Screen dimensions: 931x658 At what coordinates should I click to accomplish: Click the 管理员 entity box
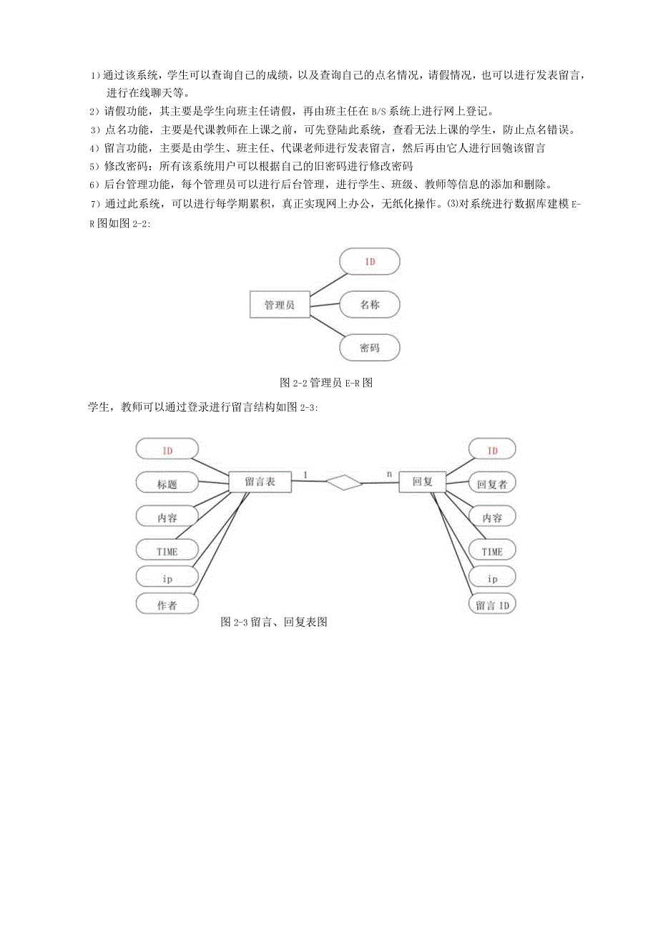[280, 305]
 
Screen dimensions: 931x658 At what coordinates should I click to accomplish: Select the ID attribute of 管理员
[370, 261]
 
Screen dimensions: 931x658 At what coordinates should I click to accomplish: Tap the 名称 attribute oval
[370, 305]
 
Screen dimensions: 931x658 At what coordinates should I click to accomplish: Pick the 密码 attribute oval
[370, 348]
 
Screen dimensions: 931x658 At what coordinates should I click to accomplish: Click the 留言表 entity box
[260, 482]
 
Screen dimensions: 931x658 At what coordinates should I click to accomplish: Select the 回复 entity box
[423, 482]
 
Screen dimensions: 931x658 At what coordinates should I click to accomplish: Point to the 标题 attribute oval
[167, 484]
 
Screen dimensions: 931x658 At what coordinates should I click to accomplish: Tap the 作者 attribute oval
[167, 605]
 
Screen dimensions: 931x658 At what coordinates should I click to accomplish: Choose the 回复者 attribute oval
[492, 484]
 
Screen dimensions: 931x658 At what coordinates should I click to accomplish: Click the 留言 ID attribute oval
[492, 605]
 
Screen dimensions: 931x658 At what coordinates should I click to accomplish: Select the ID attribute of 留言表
[167, 450]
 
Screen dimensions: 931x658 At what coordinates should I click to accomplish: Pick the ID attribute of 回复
[492, 450]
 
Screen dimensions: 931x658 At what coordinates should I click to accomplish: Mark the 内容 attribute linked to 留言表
[167, 517]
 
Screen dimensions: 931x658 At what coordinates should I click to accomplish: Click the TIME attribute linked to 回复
[492, 551]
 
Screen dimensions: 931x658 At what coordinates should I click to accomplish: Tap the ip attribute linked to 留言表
[167, 577]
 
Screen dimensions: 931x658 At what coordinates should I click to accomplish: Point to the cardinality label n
[389, 474]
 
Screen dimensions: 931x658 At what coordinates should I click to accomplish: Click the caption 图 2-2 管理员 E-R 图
[326, 382]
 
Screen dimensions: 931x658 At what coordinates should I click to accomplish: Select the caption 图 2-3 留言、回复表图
[274, 622]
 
